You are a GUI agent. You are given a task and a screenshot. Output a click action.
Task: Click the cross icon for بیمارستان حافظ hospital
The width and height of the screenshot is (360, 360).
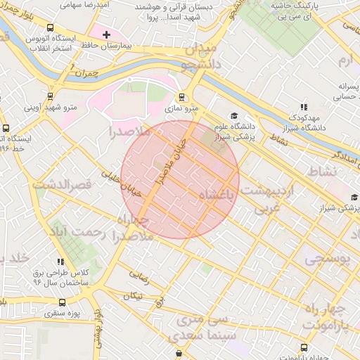pos(106,34)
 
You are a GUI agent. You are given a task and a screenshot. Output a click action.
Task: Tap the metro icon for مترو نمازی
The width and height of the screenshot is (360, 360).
pos(182,98)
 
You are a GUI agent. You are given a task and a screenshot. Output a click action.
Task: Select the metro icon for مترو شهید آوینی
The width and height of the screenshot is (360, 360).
pos(50,96)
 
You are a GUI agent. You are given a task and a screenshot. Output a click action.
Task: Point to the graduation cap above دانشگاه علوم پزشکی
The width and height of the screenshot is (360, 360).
pos(233,116)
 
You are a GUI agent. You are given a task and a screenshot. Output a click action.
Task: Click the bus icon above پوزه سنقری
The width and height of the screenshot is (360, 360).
pos(62,302)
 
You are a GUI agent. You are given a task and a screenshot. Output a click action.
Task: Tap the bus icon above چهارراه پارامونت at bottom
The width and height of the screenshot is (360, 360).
pos(304,347)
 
